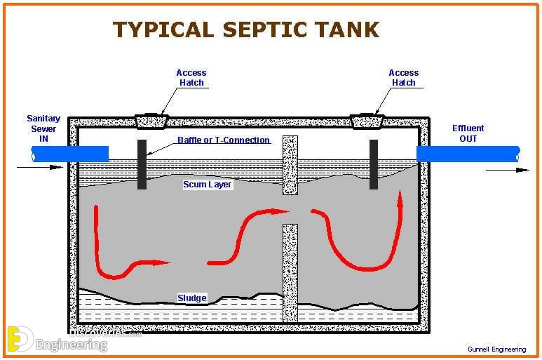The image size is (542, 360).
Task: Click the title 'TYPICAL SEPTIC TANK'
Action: coord(246,29)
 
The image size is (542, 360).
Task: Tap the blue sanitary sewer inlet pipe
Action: coord(70,154)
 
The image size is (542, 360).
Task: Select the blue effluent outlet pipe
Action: coord(468,154)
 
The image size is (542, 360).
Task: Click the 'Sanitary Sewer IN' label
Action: coord(43,128)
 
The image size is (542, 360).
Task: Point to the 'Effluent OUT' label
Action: coord(468,133)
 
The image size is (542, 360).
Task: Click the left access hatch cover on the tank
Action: coord(151,121)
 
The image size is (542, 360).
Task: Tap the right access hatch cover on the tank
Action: coord(367,121)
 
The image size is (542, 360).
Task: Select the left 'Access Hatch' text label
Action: coord(191,78)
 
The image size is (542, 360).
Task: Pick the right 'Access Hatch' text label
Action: coord(403,78)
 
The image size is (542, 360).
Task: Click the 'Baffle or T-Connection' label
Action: coord(224,140)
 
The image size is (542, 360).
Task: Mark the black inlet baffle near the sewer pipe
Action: coord(142,164)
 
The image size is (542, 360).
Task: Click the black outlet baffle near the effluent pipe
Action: coord(374,164)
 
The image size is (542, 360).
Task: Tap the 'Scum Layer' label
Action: coord(207,185)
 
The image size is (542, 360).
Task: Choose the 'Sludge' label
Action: coord(192,298)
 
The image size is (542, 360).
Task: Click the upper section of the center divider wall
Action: coord(290,165)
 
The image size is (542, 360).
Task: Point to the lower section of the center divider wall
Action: coord(290,273)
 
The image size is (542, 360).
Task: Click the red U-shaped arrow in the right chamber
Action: coord(367,269)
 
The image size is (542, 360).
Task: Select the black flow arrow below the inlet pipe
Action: coord(40,168)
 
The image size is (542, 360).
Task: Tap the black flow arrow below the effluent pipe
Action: coord(507,170)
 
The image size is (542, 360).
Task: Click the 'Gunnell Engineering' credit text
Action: coord(496,349)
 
